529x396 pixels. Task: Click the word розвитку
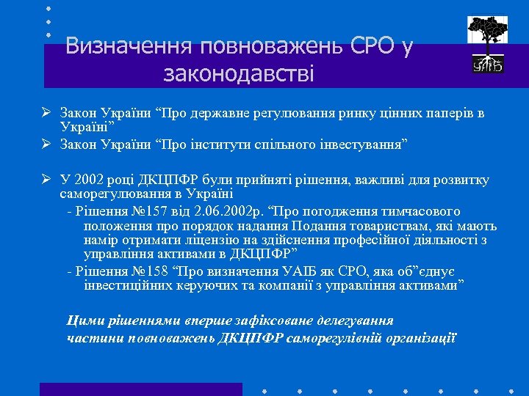pos(462,180)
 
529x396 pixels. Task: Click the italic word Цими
pos(82,321)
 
